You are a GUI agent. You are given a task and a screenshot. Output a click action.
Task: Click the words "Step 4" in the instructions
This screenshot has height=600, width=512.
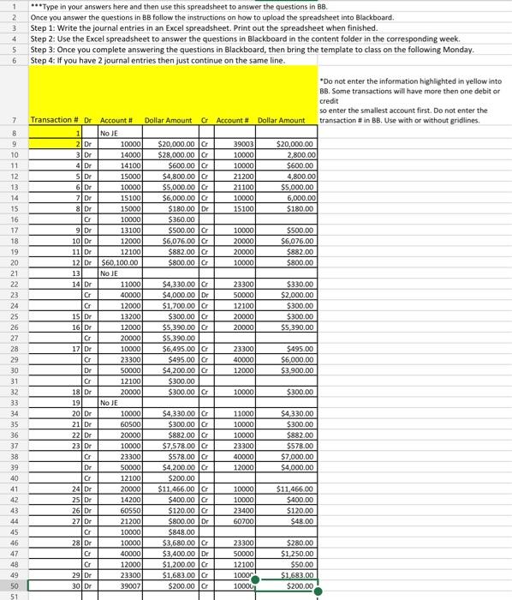coord(45,61)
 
